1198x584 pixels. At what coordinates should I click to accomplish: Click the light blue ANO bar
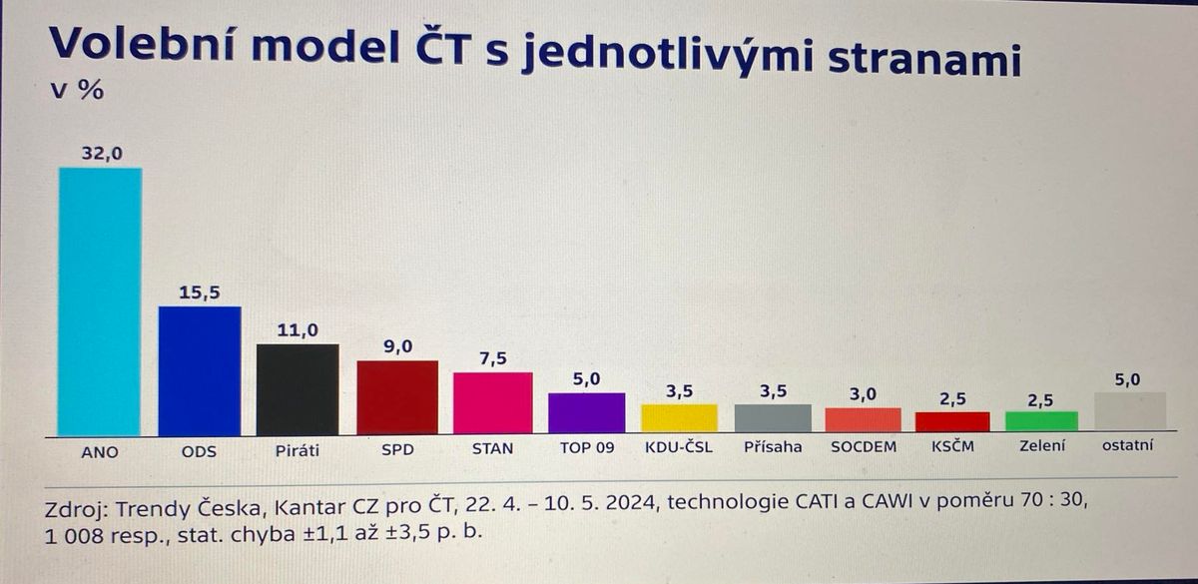coord(100,302)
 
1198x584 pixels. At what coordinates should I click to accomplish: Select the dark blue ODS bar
coord(200,371)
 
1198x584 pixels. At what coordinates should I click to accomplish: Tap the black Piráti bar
coord(298,389)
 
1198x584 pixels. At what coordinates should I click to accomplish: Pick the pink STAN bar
coord(492,402)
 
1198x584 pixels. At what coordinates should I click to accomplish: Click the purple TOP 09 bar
coord(587,413)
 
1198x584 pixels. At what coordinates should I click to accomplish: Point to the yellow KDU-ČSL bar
coord(679,417)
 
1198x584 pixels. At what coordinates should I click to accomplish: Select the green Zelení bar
coord(1041,421)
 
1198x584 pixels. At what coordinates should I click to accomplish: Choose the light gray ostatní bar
coord(1130,410)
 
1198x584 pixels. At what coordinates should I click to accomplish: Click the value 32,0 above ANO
coord(102,154)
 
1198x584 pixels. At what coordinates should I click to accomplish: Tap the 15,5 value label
coord(200,292)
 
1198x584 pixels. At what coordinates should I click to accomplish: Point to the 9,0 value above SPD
coord(398,346)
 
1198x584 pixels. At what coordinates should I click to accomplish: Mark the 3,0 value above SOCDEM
coord(864,394)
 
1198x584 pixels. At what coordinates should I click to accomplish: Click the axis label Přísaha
coord(773,446)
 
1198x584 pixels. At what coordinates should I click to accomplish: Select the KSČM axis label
coord(952,445)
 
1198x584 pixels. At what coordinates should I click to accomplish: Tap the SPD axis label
coord(398,449)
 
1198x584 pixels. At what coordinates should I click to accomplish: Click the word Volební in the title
coord(142,44)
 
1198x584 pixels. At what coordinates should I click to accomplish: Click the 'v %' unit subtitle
coord(77,90)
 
